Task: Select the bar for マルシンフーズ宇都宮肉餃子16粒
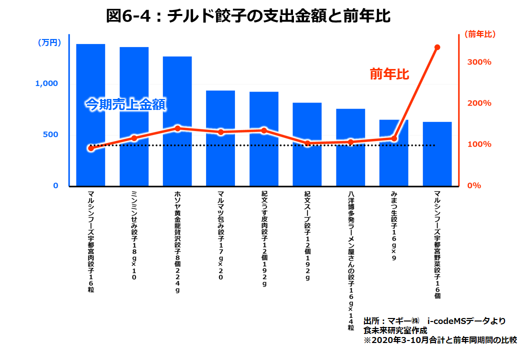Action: (x=90, y=115)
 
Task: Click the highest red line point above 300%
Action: (x=437, y=47)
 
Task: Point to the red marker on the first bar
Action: (x=90, y=148)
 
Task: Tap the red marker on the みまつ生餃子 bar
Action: (x=394, y=138)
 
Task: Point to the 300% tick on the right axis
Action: (x=479, y=62)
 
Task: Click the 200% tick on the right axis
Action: (x=479, y=103)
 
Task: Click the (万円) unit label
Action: (x=49, y=43)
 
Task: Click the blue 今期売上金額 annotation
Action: (x=125, y=104)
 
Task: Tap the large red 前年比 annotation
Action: (x=389, y=74)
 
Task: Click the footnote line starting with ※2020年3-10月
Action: (x=440, y=340)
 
